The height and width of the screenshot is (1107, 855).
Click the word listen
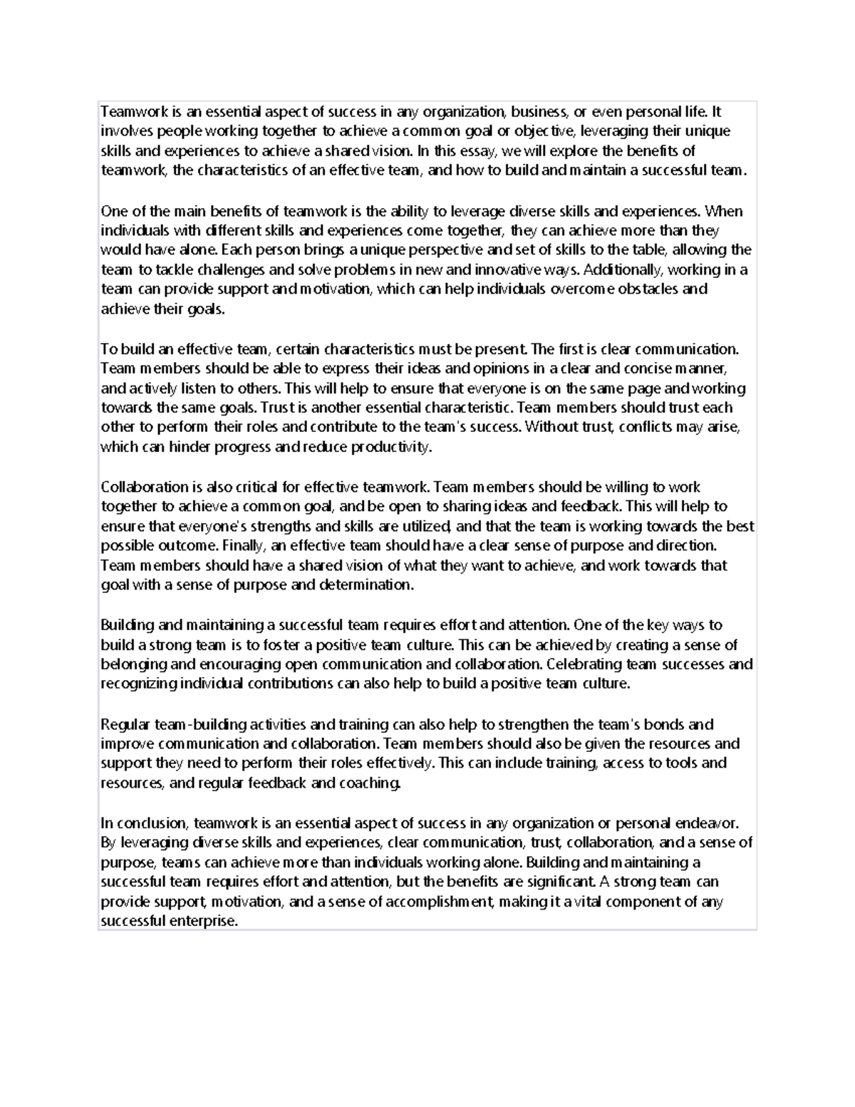tap(190, 388)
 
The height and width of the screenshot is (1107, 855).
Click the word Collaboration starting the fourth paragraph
tap(144, 487)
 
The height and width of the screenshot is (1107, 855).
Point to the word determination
tap(366, 585)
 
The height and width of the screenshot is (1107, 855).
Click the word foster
tap(283, 645)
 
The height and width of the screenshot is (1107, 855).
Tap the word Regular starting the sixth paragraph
tap(125, 725)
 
